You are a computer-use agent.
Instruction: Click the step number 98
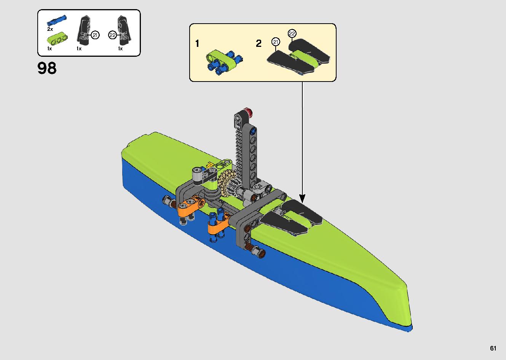tap(47, 68)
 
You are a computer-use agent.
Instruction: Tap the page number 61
tap(493, 348)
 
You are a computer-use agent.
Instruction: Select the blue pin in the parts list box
tap(57, 21)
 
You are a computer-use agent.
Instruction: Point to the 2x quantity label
tap(50, 29)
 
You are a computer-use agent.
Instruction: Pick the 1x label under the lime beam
tap(49, 49)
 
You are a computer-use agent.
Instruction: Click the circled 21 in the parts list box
tap(95, 35)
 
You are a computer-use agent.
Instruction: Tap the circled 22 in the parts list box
tap(112, 35)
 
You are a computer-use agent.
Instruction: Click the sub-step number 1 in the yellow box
tap(197, 43)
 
